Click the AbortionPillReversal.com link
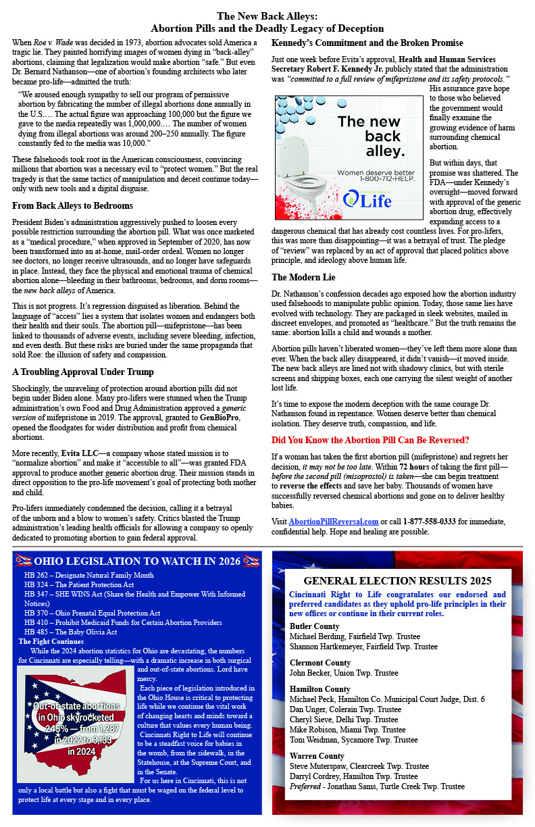click(x=334, y=522)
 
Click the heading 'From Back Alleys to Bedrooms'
click(x=72, y=205)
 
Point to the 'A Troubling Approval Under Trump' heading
click(x=83, y=372)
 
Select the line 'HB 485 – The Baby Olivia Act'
click(x=70, y=632)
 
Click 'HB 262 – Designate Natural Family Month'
click(x=88, y=575)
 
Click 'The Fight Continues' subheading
click(x=51, y=641)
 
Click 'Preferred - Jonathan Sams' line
click(x=377, y=786)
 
